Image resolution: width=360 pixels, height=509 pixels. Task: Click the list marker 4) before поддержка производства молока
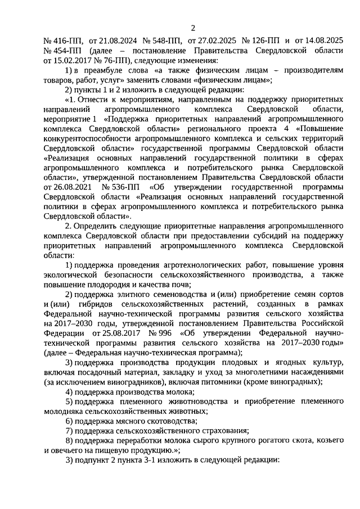coord(69,392)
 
